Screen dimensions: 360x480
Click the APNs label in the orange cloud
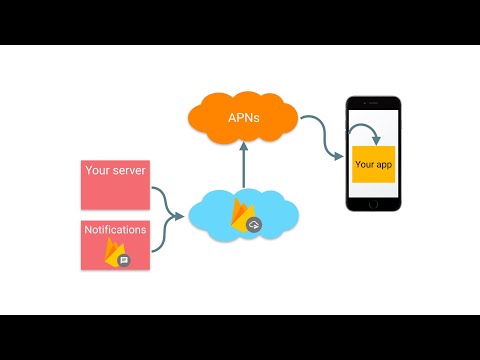click(244, 118)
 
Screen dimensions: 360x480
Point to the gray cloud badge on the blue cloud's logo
click(254, 225)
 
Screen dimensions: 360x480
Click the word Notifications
click(115, 229)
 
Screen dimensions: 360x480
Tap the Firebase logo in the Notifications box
click(113, 251)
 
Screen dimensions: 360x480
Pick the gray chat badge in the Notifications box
click(124, 260)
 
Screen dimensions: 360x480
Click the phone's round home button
click(373, 202)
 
